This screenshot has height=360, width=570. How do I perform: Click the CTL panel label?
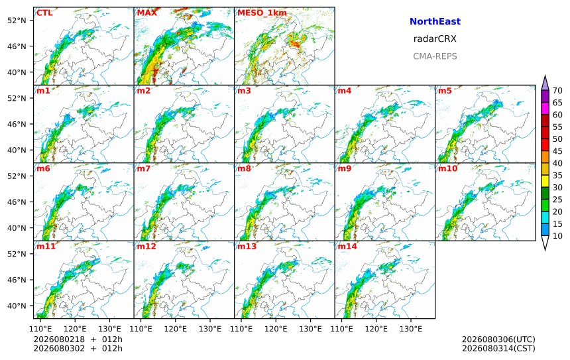(x=44, y=13)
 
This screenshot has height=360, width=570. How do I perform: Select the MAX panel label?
(x=147, y=13)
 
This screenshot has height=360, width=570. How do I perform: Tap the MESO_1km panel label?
(x=262, y=13)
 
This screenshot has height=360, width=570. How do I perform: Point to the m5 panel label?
(x=445, y=91)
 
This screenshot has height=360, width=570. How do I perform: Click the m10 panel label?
(x=447, y=168)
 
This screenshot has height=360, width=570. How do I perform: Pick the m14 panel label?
(x=347, y=247)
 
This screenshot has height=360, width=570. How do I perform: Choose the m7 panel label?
(x=143, y=168)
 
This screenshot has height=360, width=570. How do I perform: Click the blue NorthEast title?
(x=435, y=21)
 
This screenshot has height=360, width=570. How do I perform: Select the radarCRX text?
(x=435, y=39)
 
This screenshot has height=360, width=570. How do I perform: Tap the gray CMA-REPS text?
(x=435, y=56)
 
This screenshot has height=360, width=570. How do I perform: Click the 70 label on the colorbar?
(x=557, y=91)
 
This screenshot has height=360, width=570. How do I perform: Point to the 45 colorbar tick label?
(x=557, y=151)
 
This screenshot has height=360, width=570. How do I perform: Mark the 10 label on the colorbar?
(x=557, y=236)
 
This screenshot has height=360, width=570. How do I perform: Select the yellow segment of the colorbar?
(x=545, y=181)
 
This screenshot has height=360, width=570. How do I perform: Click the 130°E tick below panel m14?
(x=411, y=329)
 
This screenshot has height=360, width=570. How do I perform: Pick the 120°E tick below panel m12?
(x=175, y=329)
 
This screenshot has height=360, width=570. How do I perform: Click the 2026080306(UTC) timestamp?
(x=498, y=339)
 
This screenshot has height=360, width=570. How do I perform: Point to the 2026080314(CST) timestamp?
(x=498, y=348)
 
